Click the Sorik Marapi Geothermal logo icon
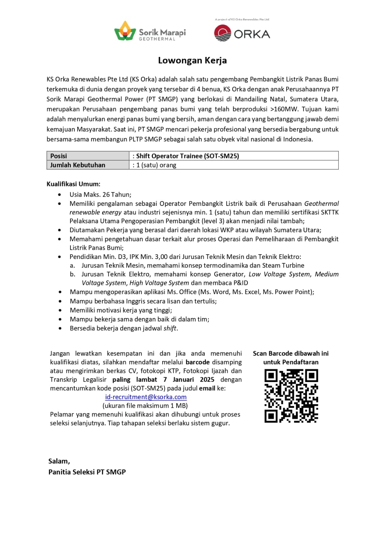point(125,31)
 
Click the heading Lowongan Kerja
point(192,61)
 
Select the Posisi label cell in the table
point(88,156)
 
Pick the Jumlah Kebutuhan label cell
point(88,165)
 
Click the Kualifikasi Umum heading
point(74,184)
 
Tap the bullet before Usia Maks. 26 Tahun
point(60,195)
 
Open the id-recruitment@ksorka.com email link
point(146,397)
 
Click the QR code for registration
point(291,396)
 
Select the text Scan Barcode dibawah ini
point(291,353)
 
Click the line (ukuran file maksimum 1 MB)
point(145,406)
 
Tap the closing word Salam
point(59,461)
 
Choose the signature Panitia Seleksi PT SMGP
point(87,472)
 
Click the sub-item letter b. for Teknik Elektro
point(73,274)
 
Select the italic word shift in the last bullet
point(170,328)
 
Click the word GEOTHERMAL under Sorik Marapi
point(157,39)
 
